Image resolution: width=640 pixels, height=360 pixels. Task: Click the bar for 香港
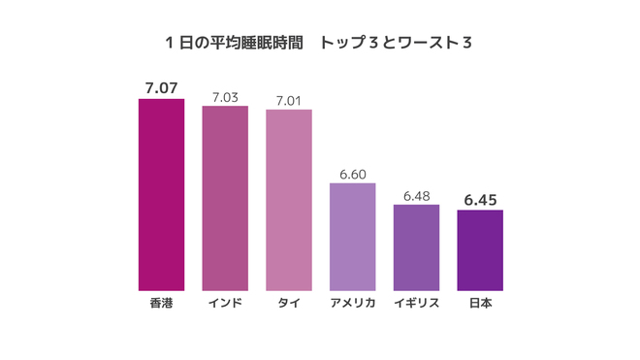pyautogui.click(x=161, y=194)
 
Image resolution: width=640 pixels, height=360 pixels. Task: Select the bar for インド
pyautogui.click(x=225, y=198)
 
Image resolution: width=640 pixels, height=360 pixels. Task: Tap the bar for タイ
pyautogui.click(x=289, y=200)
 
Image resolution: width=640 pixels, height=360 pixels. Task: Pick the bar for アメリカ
pyautogui.click(x=352, y=237)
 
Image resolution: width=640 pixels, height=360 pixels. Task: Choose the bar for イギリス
pyautogui.click(x=416, y=247)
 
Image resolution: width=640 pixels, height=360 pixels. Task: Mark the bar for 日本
pyautogui.click(x=480, y=250)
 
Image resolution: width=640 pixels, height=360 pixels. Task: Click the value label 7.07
pyautogui.click(x=161, y=88)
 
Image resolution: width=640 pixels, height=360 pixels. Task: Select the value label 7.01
pyautogui.click(x=289, y=99)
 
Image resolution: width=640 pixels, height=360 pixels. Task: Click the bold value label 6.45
pyautogui.click(x=480, y=199)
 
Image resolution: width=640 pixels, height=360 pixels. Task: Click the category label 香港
pyautogui.click(x=161, y=303)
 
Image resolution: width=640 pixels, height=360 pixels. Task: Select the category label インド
pyautogui.click(x=225, y=303)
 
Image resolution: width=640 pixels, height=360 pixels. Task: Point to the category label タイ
pyautogui.click(x=289, y=303)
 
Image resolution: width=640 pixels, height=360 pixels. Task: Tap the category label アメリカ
pyautogui.click(x=352, y=303)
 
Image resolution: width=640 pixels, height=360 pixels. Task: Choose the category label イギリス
pyautogui.click(x=416, y=303)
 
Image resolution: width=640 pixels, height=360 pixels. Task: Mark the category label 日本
pyautogui.click(x=480, y=303)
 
